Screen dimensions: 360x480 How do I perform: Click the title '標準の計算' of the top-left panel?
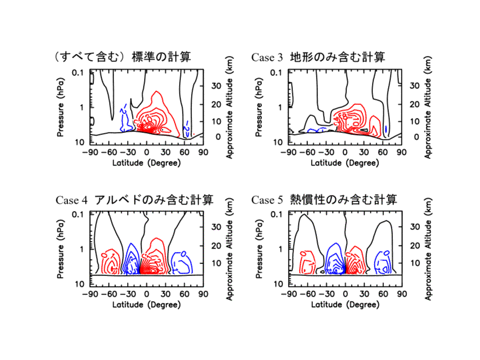161,57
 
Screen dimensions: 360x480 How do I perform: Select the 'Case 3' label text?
267,57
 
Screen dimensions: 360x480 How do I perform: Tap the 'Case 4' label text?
71,200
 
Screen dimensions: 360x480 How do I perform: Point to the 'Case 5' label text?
267,200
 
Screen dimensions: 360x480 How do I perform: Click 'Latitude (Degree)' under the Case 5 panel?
345,304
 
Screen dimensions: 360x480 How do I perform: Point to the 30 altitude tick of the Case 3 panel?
413,86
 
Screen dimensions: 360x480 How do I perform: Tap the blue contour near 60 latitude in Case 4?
180,263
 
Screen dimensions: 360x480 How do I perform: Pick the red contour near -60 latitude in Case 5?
308,262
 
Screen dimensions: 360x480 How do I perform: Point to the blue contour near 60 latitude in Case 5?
383,262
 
